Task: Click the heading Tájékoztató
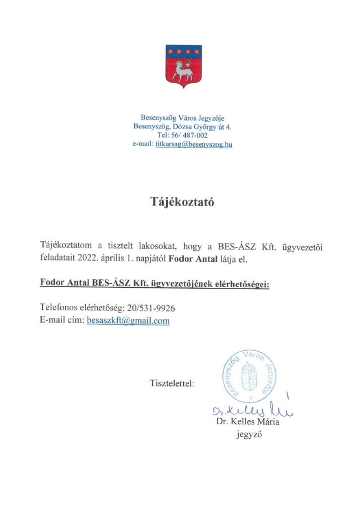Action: pos(180,202)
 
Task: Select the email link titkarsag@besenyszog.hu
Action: pos(194,144)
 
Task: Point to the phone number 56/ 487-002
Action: pos(190,135)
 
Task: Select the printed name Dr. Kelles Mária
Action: pos(247,422)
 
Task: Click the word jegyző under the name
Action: pos(247,434)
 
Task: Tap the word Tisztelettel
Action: pos(172,384)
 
